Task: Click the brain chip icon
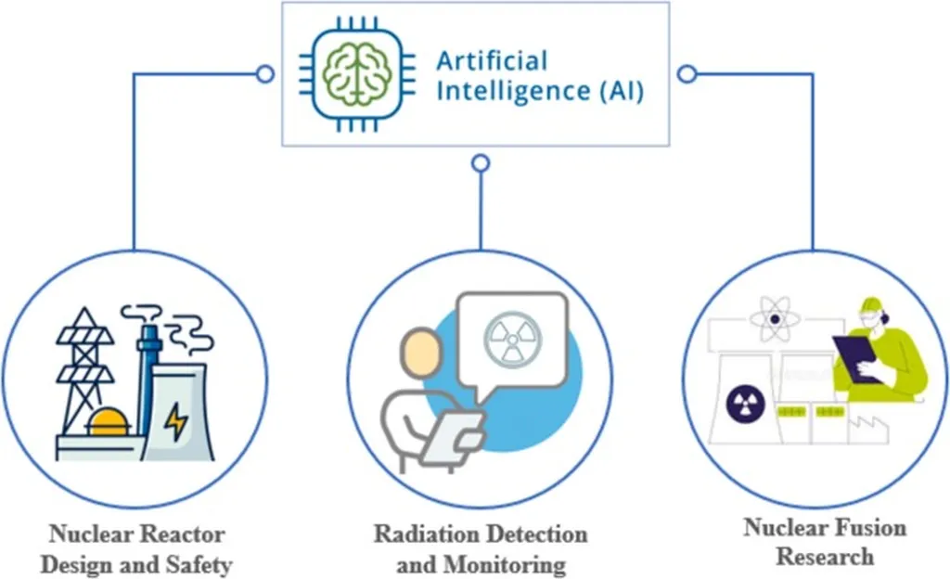[x=351, y=74]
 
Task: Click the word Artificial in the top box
[x=492, y=61]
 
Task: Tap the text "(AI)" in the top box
[x=618, y=92]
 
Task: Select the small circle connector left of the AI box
[x=265, y=74]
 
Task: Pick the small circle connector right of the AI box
[x=687, y=74]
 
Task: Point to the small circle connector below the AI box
[x=480, y=163]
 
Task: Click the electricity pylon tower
[x=85, y=371]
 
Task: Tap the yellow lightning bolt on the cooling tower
[x=175, y=421]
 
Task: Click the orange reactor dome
[x=109, y=422]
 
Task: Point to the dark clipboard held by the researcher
[x=858, y=358]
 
